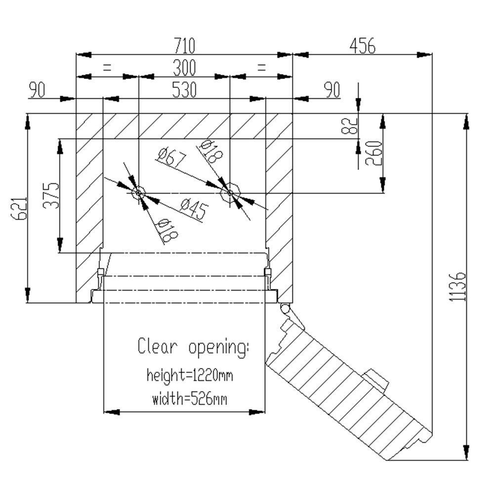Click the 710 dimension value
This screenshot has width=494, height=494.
(x=184, y=46)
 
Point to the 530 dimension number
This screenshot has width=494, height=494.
(x=184, y=90)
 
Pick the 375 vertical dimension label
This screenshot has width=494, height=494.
(x=51, y=196)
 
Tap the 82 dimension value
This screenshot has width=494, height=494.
(x=349, y=126)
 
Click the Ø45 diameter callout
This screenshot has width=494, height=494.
(x=193, y=209)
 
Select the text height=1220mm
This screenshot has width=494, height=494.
(x=190, y=375)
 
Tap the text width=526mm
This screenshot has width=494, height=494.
(x=190, y=398)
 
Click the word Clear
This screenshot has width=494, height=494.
(x=157, y=346)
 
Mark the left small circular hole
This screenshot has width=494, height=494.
(x=138, y=192)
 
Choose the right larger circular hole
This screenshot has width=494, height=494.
(x=230, y=193)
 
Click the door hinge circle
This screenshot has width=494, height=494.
(x=284, y=308)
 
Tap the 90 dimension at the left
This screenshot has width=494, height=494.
(x=37, y=90)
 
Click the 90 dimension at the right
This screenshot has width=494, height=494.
(x=331, y=90)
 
